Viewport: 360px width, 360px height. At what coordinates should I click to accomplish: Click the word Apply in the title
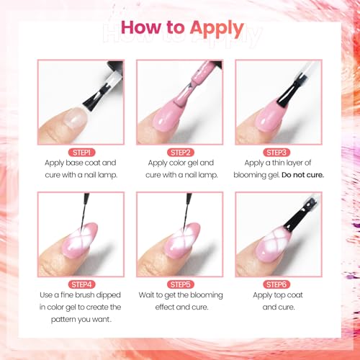[x=217, y=29]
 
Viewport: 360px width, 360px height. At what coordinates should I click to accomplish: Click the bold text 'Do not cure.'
[x=303, y=175]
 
